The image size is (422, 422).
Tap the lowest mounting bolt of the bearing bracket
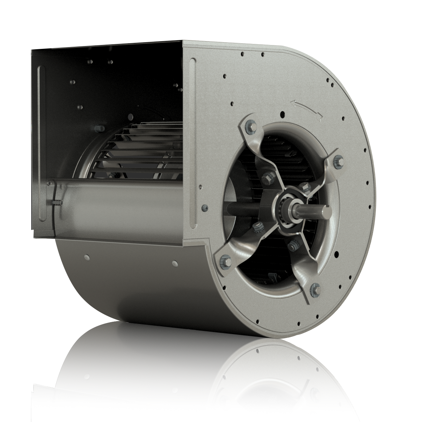(314, 289)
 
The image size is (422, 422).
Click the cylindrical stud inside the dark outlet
(97, 128)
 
